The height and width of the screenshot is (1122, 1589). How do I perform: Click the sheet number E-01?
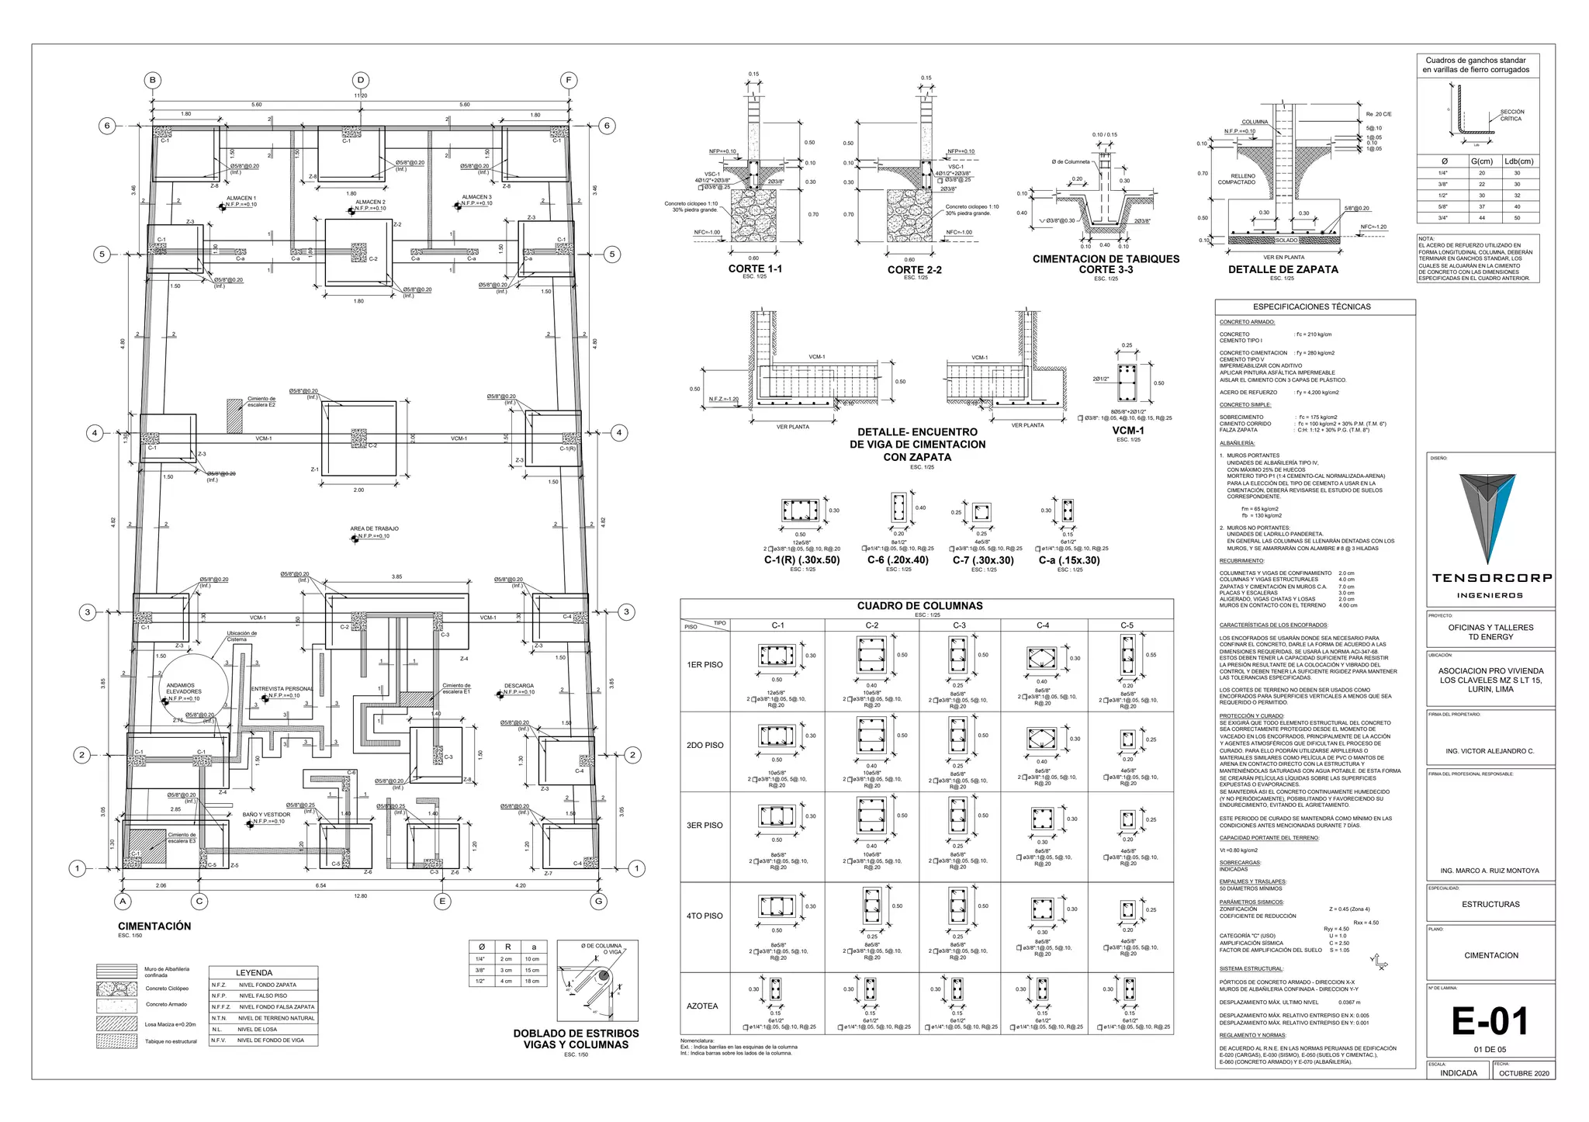click(x=1490, y=1021)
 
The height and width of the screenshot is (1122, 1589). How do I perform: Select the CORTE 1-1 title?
click(x=755, y=268)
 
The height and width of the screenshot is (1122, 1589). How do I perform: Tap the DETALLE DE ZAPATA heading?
click(x=1283, y=269)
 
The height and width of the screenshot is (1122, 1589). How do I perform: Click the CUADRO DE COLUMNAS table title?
click(x=919, y=606)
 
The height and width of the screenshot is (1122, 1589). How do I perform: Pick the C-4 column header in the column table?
click(x=1043, y=625)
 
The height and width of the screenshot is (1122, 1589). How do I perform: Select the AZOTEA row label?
click(x=702, y=1006)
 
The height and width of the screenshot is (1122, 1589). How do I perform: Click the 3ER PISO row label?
click(x=704, y=826)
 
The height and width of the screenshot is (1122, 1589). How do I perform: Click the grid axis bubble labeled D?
click(x=360, y=80)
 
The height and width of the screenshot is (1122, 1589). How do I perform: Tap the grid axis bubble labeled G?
click(x=599, y=901)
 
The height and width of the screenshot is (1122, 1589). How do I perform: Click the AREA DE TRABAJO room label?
click(x=374, y=528)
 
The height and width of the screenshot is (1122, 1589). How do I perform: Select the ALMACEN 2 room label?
click(x=370, y=202)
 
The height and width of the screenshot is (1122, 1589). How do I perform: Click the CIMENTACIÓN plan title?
click(x=154, y=926)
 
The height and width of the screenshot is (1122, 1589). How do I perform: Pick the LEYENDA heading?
click(x=254, y=972)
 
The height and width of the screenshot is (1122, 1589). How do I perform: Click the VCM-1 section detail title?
click(x=1127, y=431)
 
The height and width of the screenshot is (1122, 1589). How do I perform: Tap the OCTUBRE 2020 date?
click(x=1523, y=1073)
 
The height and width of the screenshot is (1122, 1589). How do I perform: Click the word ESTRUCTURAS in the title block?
click(x=1490, y=904)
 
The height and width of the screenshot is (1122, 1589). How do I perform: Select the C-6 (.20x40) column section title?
click(x=898, y=559)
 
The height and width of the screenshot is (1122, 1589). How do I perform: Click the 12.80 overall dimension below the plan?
click(x=360, y=895)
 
